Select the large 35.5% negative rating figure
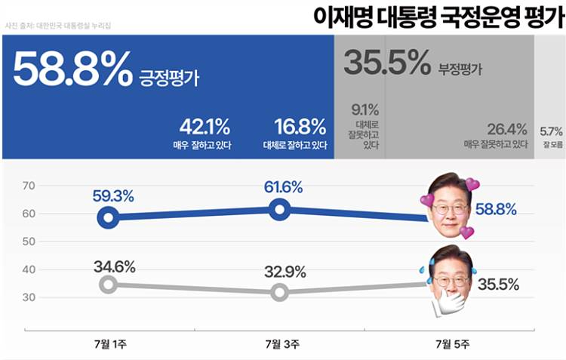386,63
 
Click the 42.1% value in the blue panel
205,127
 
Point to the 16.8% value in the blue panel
300,127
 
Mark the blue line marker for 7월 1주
109,218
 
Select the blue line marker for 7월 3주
280,210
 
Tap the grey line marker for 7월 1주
109,285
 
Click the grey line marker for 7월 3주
280,292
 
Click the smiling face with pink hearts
451,203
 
